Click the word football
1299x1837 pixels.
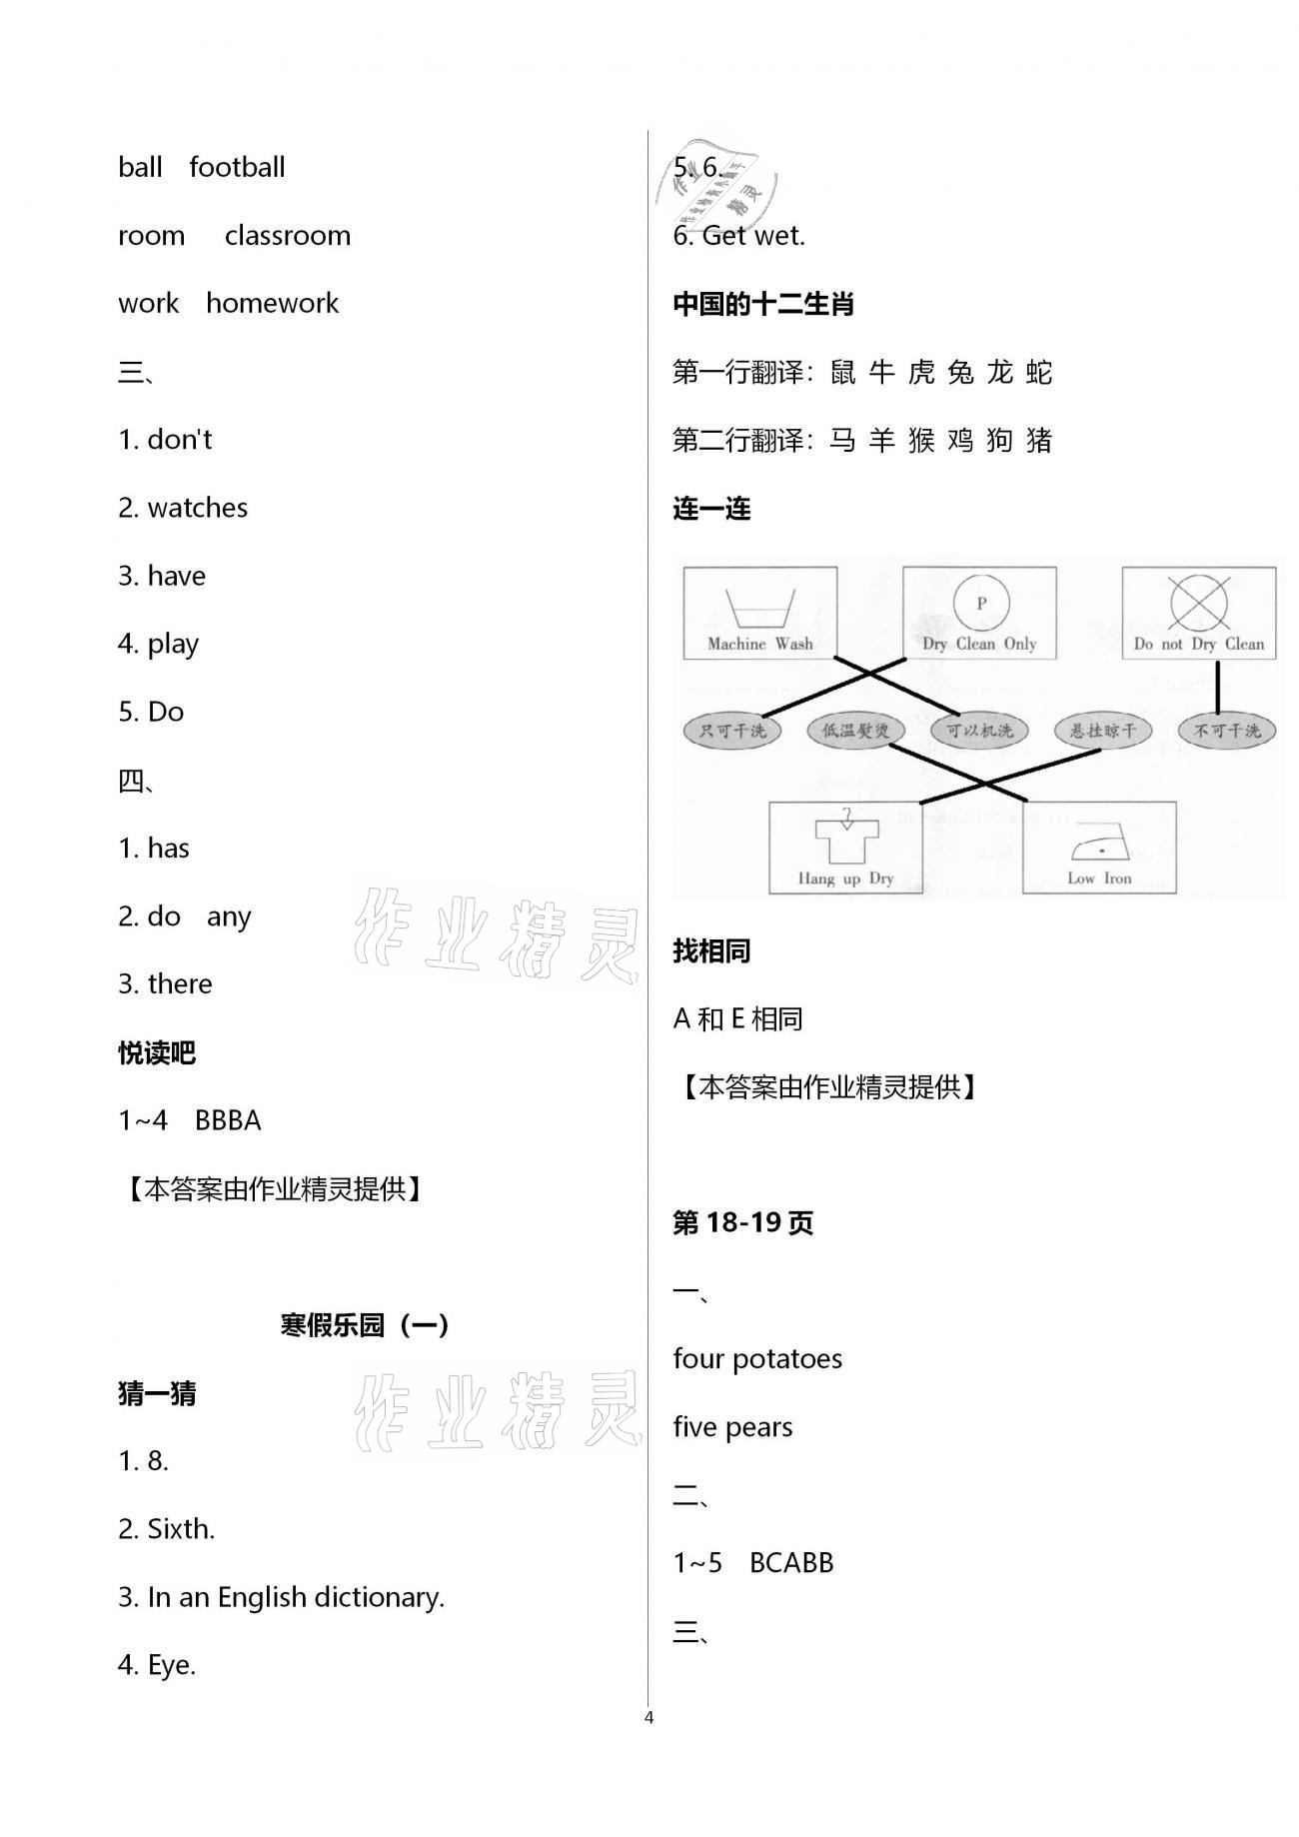coord(237,167)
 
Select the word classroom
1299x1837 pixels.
coord(288,236)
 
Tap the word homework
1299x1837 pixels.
coord(272,304)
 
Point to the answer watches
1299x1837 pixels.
coord(197,508)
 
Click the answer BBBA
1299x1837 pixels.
coord(228,1120)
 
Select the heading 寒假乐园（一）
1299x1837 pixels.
coord(365,1325)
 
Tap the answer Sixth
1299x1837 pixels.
coord(181,1529)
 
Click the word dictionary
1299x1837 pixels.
coord(379,1597)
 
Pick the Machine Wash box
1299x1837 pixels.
coord(759,613)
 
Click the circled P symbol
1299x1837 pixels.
coord(980,603)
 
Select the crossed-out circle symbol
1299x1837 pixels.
coord(1198,603)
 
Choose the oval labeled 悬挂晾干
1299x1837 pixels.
coord(1102,731)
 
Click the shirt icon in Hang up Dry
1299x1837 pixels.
coord(845,838)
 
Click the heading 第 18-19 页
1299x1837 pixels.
coord(742,1222)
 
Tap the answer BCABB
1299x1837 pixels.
coord(790,1563)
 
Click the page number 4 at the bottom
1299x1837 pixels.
coord(649,1717)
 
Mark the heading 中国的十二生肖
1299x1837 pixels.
coord(763,304)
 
